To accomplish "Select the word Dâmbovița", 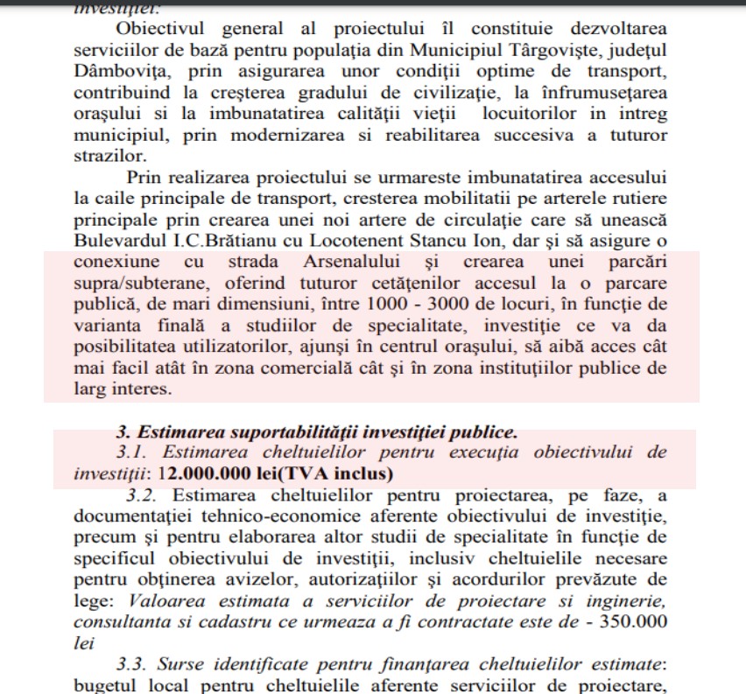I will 117,71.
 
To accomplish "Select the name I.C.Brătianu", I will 247,239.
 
